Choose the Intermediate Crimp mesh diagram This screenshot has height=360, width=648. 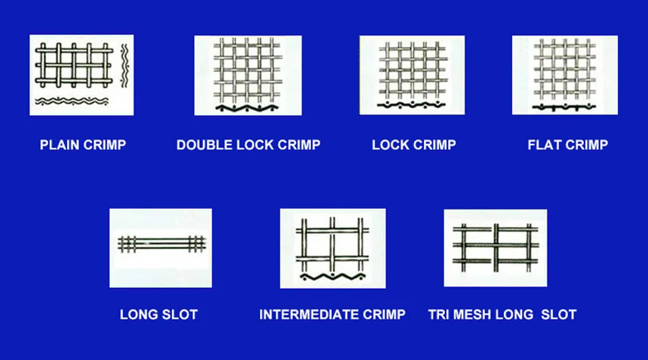333,245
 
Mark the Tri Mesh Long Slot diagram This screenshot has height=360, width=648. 495,245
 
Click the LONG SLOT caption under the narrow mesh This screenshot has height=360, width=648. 158,315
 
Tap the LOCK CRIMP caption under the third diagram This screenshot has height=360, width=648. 414,145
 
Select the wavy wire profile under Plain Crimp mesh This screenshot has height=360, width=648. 72,101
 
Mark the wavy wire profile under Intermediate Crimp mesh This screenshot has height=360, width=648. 331,276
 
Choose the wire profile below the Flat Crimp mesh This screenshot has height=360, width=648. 564,108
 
